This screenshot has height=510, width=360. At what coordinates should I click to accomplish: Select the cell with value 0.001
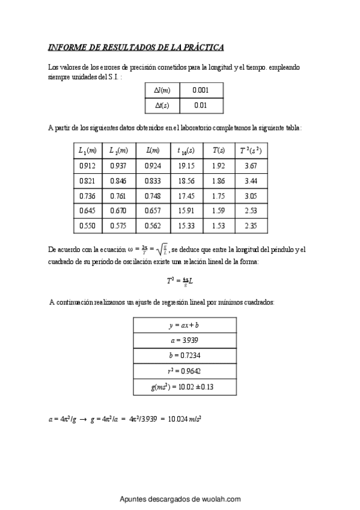201,90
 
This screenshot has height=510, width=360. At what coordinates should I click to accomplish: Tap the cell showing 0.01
201,105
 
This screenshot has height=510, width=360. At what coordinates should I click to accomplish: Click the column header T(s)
218,150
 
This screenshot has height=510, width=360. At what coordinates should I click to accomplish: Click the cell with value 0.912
87,165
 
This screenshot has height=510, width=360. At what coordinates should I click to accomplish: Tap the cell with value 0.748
152,195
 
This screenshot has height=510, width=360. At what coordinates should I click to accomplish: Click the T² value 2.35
251,226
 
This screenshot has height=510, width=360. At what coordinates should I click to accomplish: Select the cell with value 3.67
251,165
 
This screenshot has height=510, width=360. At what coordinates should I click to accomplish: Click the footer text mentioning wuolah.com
180,499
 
